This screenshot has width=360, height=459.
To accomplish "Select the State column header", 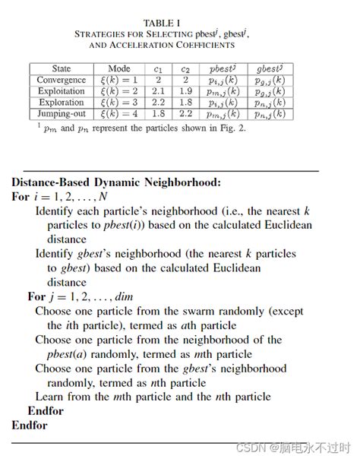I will pyautogui.click(x=61, y=68).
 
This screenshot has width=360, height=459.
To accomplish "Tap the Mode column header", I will pyautogui.click(x=119, y=68).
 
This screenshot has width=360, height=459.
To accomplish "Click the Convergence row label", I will pyautogui.click(x=61, y=80).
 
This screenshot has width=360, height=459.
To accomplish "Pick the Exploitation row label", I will pyautogui.click(x=61, y=91).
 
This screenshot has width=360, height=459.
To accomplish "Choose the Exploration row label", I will pyautogui.click(x=61, y=103).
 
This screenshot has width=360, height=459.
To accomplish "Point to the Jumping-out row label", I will pyautogui.click(x=61, y=114).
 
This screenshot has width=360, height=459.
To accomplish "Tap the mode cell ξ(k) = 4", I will pyautogui.click(x=119, y=114).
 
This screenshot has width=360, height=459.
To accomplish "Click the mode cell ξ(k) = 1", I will pyautogui.click(x=119, y=80).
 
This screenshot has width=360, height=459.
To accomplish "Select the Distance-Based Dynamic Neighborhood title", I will pyautogui.click(x=116, y=182).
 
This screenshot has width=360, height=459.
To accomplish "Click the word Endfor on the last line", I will pyautogui.click(x=30, y=425).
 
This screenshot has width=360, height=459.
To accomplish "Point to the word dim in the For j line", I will pyautogui.click(x=123, y=296).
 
